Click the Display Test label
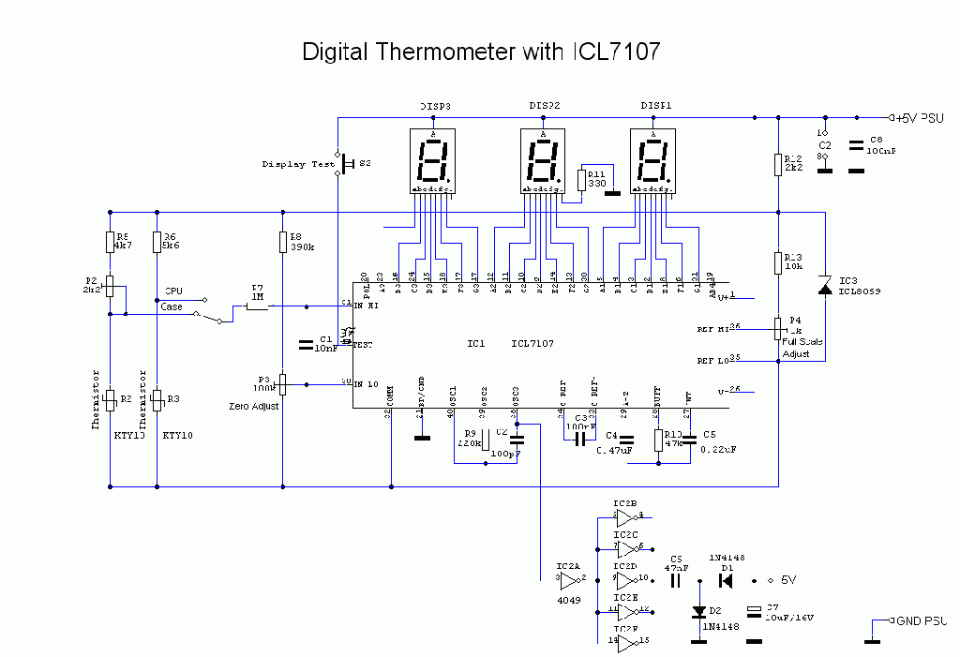[297, 164]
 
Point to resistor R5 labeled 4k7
[110, 242]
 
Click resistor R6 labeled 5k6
[157, 242]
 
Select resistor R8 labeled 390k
[283, 242]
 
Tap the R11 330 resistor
[581, 179]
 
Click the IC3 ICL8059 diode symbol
[825, 286]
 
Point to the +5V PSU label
[919, 118]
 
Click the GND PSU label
[921, 620]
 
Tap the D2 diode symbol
[698, 612]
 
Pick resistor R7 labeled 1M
[257, 306]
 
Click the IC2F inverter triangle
[624, 641]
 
